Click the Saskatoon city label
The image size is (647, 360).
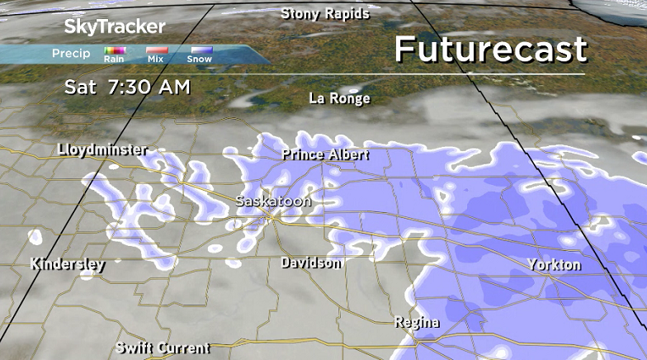click(x=273, y=201)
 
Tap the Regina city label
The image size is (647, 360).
click(x=417, y=321)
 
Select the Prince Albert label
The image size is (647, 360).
click(x=325, y=154)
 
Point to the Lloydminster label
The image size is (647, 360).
click(x=103, y=149)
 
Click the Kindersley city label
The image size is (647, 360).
click(x=68, y=264)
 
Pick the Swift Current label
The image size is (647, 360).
click(x=163, y=348)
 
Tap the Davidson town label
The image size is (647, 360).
click(x=311, y=263)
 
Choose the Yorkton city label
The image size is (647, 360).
click(x=555, y=265)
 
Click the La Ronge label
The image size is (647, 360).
click(x=339, y=98)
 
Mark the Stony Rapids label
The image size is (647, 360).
click(x=325, y=13)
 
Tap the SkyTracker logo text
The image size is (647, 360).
click(x=115, y=26)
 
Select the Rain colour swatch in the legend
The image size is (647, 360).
click(x=114, y=50)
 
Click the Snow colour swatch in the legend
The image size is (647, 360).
click(x=200, y=50)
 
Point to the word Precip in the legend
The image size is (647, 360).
click(x=71, y=54)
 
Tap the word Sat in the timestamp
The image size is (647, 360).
click(x=81, y=86)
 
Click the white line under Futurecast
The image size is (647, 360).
click(x=490, y=74)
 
